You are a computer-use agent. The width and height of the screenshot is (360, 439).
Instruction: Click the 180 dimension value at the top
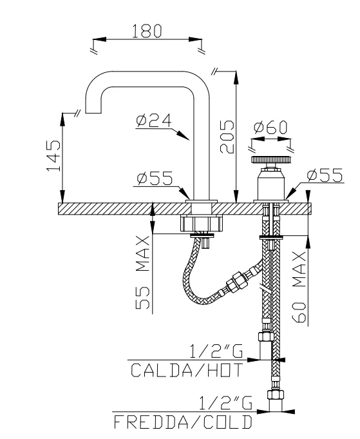pyautogui.click(x=146, y=30)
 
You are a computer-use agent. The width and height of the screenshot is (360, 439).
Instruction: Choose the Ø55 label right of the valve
pyautogui.click(x=325, y=175)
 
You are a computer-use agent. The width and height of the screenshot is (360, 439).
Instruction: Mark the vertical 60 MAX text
pyautogui.click(x=298, y=288)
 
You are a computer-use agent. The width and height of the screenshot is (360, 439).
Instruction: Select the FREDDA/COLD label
pyautogui.click(x=183, y=423)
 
